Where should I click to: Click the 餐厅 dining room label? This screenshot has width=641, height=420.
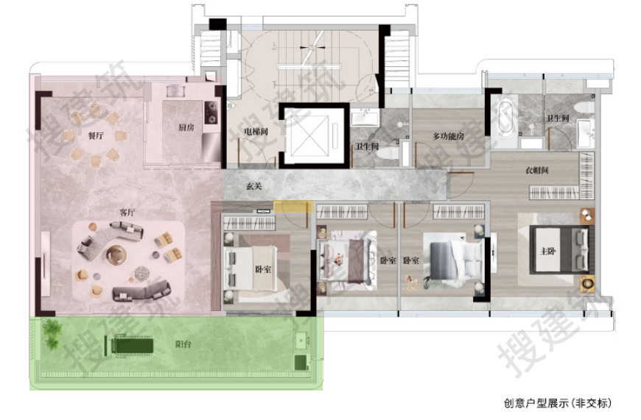tap(96, 135)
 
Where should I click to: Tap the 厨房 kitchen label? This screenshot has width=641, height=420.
tap(186, 127)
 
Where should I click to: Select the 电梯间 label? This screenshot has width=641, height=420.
tap(256, 132)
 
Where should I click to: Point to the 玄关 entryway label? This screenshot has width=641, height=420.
tap(254, 186)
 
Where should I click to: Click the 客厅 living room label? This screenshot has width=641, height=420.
tap(127, 213)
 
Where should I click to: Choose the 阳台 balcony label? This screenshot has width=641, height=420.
tap(183, 344)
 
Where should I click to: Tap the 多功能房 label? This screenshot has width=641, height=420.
tap(449, 136)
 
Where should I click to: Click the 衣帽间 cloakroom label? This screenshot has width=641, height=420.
tap(537, 170)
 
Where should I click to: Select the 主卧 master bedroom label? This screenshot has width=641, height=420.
tap(547, 251)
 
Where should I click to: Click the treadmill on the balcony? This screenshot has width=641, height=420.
tap(129, 345)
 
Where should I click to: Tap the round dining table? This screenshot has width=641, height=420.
tap(96, 136)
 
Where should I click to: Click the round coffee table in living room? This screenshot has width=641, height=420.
tap(116, 255)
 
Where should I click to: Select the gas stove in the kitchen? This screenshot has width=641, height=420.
tap(211, 113)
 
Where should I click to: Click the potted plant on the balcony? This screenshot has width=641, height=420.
tap(52, 335)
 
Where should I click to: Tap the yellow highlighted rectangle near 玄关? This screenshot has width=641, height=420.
tap(293, 207)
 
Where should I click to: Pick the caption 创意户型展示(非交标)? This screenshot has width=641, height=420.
tap(558, 403)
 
